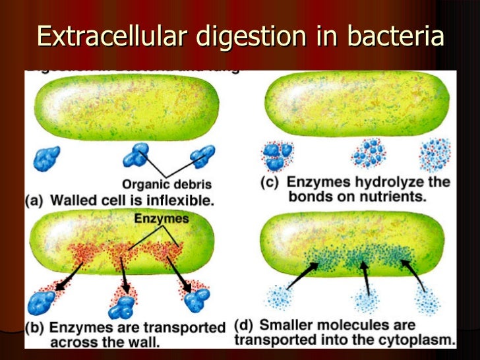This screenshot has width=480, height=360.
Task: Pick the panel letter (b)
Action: pos(38,327)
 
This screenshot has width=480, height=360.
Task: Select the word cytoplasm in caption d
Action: pos(419,340)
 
